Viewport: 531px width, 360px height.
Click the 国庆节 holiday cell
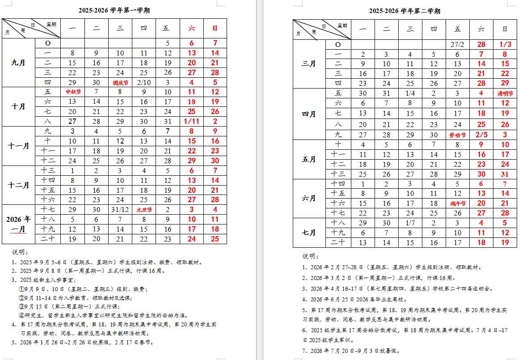[x=120, y=83]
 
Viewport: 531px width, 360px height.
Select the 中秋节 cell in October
[x=73, y=92]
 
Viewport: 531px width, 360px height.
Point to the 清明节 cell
[x=505, y=94]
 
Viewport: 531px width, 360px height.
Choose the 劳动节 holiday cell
[x=457, y=135]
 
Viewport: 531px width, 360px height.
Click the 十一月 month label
[x=18, y=146]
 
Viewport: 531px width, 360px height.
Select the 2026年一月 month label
[x=18, y=224]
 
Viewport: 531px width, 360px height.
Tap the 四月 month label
[x=309, y=114]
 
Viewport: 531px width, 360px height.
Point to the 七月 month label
[x=309, y=233]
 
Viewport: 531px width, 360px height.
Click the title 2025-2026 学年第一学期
[x=114, y=10]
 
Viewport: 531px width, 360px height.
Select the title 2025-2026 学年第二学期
[x=405, y=11]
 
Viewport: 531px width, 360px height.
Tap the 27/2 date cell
[x=457, y=45]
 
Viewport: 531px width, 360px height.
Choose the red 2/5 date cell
[x=481, y=135]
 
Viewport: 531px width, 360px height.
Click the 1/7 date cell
[x=410, y=223]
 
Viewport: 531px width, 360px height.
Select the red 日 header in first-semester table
[x=215, y=28]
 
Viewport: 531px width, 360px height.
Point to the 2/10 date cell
[x=144, y=83]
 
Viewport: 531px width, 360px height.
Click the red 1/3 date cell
[x=505, y=45]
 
